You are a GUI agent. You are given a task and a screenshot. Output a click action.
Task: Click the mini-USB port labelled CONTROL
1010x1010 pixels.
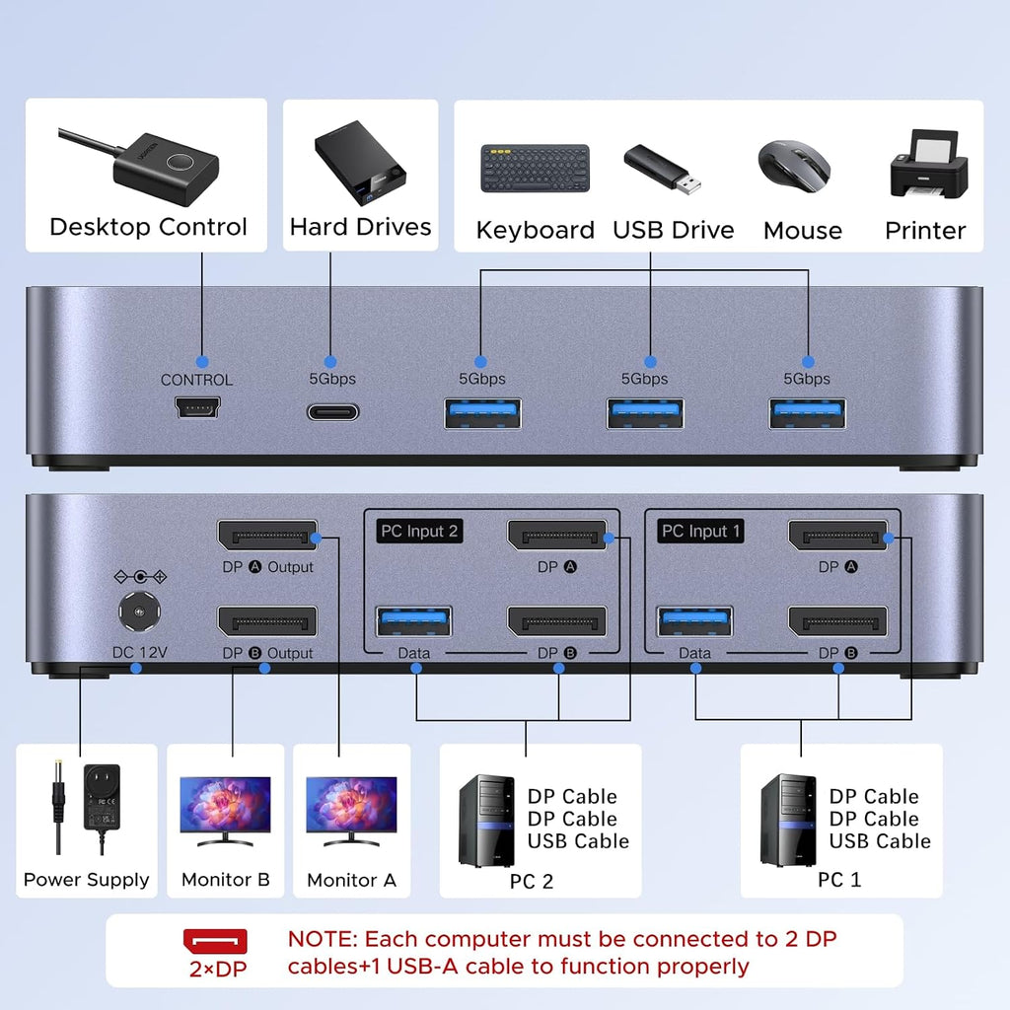coord(197,407)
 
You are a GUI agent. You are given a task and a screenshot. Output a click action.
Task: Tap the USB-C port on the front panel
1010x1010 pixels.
coord(332,412)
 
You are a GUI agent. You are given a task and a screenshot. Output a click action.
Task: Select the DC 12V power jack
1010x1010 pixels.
coord(140,612)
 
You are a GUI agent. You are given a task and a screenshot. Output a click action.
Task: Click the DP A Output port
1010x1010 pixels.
coord(267,536)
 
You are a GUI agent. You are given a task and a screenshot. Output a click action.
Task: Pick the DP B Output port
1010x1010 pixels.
coord(267,621)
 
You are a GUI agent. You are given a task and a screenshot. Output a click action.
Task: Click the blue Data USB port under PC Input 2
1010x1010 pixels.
coord(413,621)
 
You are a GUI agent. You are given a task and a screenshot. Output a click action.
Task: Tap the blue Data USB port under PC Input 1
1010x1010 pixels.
coord(694,621)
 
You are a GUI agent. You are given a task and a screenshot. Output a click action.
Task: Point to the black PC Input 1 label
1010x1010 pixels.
coord(700,532)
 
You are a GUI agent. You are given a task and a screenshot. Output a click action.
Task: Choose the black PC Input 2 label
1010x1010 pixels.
coord(419,532)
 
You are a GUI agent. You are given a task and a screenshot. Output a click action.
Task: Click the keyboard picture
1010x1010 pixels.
coord(536,168)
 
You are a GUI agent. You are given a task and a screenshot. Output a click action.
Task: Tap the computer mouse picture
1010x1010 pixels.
coord(794,166)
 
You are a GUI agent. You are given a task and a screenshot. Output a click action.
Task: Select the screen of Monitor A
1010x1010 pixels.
coord(352,804)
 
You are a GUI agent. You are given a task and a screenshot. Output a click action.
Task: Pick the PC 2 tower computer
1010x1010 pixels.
coord(486,822)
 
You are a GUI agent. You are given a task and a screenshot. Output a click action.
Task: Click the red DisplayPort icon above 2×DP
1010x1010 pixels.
coord(215,941)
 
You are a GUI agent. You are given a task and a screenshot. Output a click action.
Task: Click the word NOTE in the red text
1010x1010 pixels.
coord(323,939)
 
